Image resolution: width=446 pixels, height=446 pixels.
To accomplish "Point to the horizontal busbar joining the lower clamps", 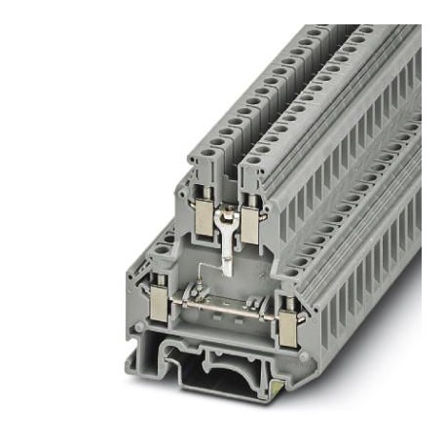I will (225, 310).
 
